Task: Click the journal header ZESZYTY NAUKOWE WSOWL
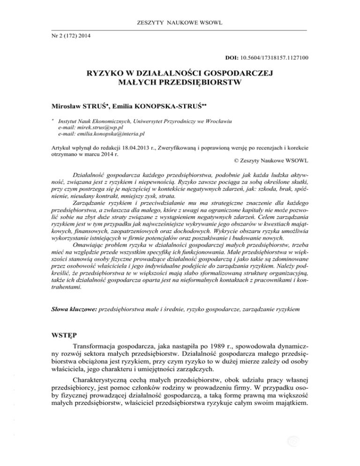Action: pos(180,23)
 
